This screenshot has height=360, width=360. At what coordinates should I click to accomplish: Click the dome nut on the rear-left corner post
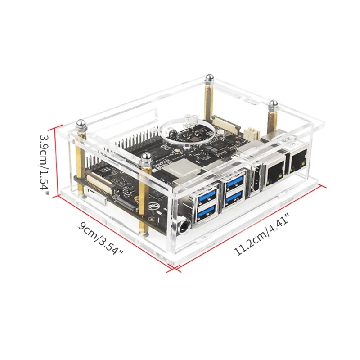pos(209,80)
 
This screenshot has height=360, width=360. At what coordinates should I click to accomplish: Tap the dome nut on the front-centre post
pos(145,157)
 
